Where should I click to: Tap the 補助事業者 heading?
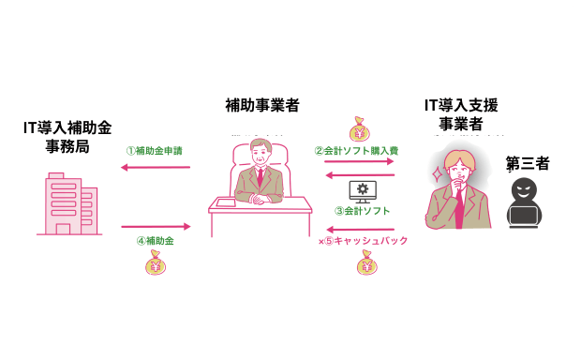(x=262, y=106)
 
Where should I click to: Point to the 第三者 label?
(x=528, y=163)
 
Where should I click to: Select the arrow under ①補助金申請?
(x=156, y=168)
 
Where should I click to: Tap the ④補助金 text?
(x=155, y=241)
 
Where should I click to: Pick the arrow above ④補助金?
(x=156, y=226)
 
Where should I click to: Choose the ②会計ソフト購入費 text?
(x=356, y=150)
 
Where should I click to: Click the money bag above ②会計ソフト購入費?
(x=360, y=127)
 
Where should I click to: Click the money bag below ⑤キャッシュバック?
(x=366, y=265)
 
